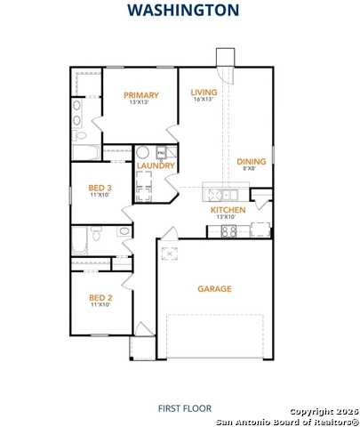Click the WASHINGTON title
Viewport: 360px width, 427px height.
[183, 10]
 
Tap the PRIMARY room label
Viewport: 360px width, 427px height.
[141, 95]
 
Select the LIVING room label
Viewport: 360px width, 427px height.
[204, 93]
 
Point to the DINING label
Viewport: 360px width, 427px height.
[252, 162]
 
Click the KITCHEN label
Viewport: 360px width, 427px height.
[228, 210]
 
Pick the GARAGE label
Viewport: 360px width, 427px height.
[214, 289]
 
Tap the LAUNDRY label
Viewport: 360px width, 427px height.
[156, 165]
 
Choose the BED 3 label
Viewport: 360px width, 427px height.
[100, 188]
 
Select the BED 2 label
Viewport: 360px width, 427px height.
[100, 298]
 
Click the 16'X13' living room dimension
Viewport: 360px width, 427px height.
[204, 100]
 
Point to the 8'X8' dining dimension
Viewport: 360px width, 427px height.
[249, 168]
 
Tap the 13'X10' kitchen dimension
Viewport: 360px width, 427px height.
[226, 217]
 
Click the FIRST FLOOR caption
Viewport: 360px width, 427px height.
[185, 408]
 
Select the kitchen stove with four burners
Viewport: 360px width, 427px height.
[228, 231]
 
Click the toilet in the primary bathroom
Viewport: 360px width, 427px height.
[79, 135]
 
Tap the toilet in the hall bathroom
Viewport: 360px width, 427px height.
[96, 233]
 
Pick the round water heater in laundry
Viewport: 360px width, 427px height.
[142, 152]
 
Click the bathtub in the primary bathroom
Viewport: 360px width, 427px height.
[86, 152]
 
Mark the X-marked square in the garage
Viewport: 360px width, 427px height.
[170, 254]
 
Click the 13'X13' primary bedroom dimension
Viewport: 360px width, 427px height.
[139, 102]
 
